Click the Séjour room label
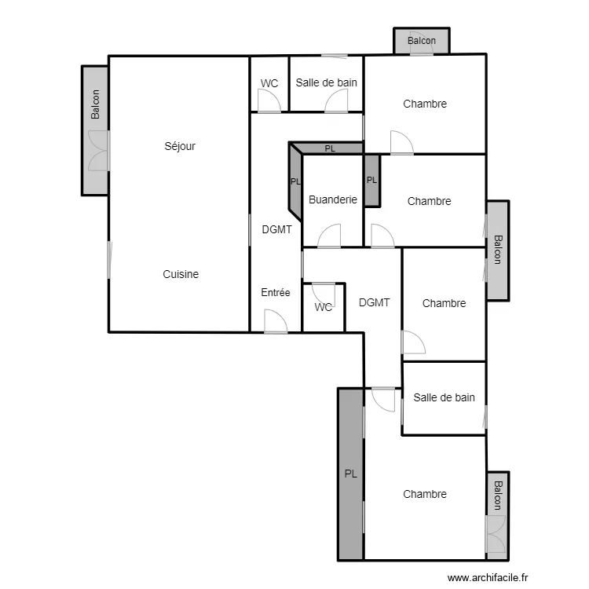180,146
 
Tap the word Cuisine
181,274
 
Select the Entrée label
276,293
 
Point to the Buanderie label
333,199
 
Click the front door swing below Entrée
275,321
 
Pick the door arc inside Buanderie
330,236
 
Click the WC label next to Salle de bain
269,83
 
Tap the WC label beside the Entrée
324,307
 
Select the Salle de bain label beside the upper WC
327,82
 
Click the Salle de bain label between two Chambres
444,397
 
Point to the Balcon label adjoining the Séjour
96,104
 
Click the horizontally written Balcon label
422,41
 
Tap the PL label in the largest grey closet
350,474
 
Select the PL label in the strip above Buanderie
330,148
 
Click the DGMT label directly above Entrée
276,230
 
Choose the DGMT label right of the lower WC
374,302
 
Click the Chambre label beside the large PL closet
425,494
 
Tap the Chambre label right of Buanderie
430,201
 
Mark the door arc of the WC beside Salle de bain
269,101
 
